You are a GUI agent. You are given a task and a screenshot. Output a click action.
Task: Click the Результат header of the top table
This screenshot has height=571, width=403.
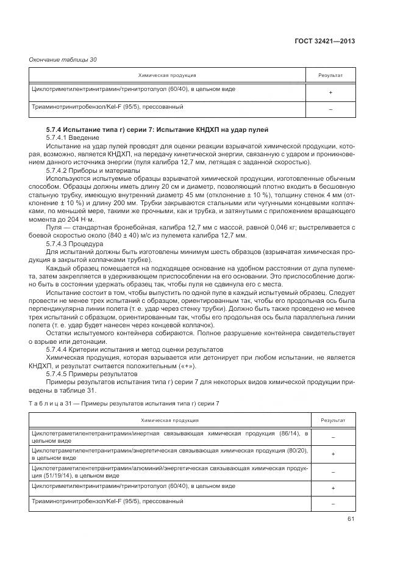[x=330, y=76]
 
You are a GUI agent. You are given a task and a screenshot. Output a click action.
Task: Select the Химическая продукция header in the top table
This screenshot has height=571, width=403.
[x=167, y=76]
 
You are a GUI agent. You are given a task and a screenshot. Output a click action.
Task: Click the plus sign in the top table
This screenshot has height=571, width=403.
[x=330, y=92]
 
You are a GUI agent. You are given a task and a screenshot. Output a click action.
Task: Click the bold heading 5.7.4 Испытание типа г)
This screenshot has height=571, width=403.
[x=157, y=130]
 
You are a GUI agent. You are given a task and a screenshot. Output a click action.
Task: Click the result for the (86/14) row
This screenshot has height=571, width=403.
[x=333, y=437]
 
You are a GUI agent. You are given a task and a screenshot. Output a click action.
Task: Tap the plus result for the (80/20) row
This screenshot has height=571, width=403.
[x=333, y=454]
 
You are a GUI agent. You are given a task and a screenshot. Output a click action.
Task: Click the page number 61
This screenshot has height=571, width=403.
[x=351, y=519]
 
